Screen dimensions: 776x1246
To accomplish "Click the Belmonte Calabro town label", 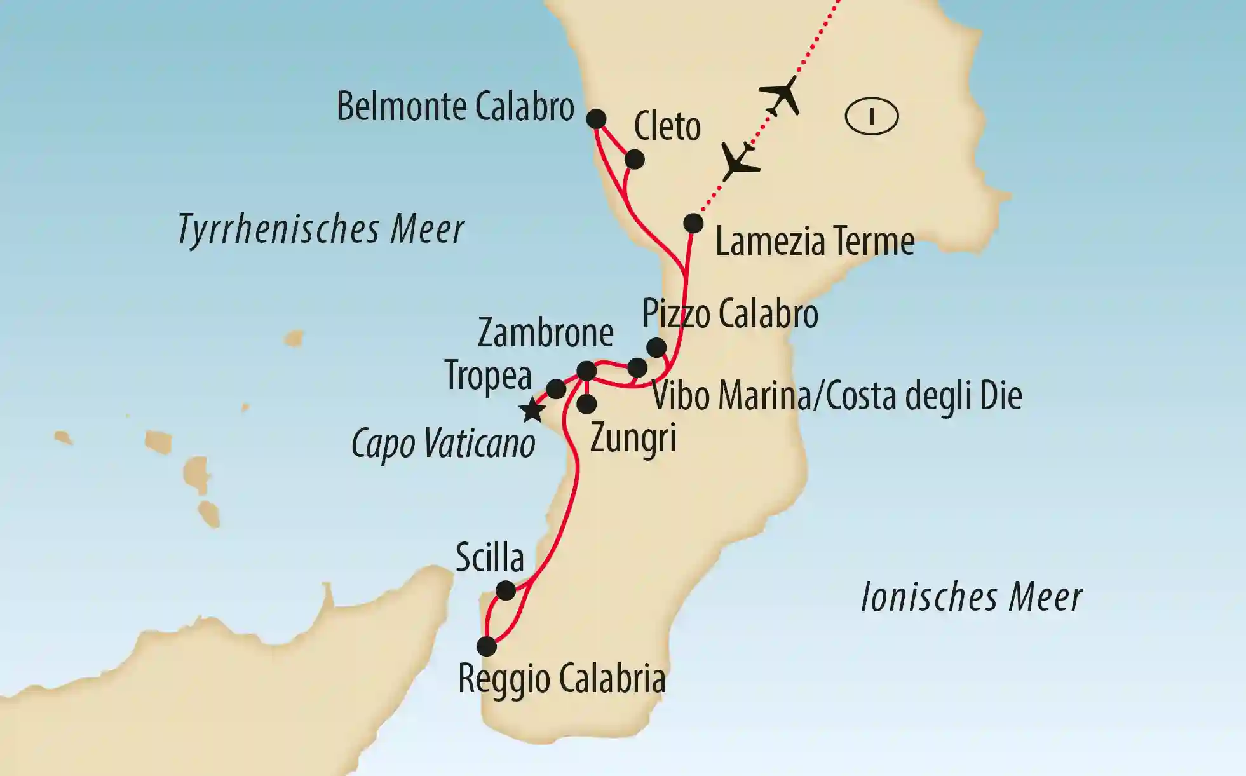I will [455, 107].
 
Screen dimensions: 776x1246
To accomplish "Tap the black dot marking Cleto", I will [634, 160].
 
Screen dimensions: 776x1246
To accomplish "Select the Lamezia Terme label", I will [815, 242].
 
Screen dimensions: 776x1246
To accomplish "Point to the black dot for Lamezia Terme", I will [693, 224].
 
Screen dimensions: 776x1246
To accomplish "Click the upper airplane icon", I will [781, 96].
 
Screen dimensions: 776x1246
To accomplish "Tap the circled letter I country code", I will [872, 117].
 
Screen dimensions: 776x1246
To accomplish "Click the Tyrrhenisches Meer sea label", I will [321, 229].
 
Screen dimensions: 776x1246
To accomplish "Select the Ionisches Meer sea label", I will [972, 598].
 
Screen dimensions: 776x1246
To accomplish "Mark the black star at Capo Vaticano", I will [532, 411].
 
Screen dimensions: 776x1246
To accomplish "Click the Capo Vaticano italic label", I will [444, 444].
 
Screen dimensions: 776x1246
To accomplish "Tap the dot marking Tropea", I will [556, 389].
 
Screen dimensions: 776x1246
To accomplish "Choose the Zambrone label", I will [545, 333].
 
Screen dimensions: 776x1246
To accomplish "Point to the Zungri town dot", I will [586, 404].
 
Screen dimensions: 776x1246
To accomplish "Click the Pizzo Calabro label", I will [730, 314].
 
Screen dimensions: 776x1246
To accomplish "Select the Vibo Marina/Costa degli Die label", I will [837, 396].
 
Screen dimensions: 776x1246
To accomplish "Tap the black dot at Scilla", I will [506, 591].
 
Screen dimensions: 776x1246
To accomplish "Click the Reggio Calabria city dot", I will [487, 646].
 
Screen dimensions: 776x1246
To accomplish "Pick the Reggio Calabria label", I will [562, 679].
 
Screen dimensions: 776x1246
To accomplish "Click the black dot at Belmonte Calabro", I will [596, 119].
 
